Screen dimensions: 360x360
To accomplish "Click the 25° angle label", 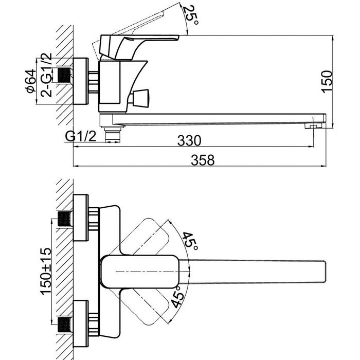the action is click(191, 15).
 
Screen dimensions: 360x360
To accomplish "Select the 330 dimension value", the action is click(189, 140).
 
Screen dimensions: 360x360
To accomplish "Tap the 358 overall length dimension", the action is click(203, 160).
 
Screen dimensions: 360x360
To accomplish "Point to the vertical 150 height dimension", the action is click(327, 82).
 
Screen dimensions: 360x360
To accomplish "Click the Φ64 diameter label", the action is click(31, 81).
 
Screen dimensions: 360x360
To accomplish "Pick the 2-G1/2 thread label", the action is click(46, 75).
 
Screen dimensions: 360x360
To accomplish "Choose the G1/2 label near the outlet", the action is click(80, 137).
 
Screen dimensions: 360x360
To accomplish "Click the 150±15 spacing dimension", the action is click(46, 271).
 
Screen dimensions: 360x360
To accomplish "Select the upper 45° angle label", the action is click(190, 241).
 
